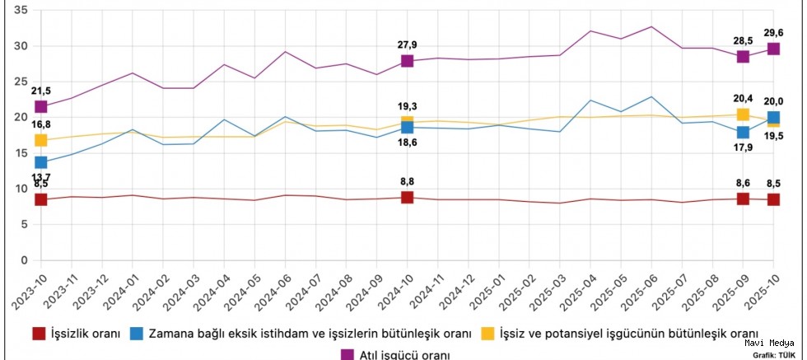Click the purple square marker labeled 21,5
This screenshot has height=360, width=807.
40,107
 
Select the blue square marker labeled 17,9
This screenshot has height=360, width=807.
743,133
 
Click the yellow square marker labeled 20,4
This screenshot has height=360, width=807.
743,115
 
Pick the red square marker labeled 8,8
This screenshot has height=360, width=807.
407,197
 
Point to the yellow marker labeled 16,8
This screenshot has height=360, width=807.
40,140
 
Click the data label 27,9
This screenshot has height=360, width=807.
407,44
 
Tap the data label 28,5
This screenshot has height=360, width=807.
743,40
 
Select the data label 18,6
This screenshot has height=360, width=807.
407,143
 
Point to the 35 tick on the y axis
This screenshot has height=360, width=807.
21,11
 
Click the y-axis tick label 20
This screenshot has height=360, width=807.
21,118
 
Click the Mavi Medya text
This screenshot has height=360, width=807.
771,343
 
